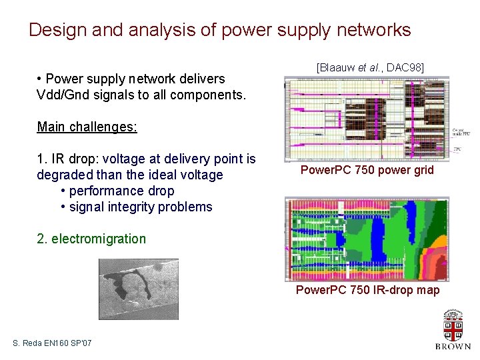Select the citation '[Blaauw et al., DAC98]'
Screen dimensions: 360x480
pyautogui.click(x=370, y=67)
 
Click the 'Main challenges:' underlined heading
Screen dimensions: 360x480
pyautogui.click(x=87, y=127)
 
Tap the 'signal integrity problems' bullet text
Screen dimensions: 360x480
pyautogui.click(x=140, y=207)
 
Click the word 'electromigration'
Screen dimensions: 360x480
pyautogui.click(x=98, y=239)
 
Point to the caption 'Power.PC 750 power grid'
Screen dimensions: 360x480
pyautogui.click(x=367, y=170)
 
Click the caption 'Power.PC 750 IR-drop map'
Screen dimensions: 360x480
pyautogui.click(x=367, y=290)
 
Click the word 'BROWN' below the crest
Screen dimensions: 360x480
pyautogui.click(x=453, y=346)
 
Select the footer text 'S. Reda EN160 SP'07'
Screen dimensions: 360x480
pyautogui.click(x=52, y=343)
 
